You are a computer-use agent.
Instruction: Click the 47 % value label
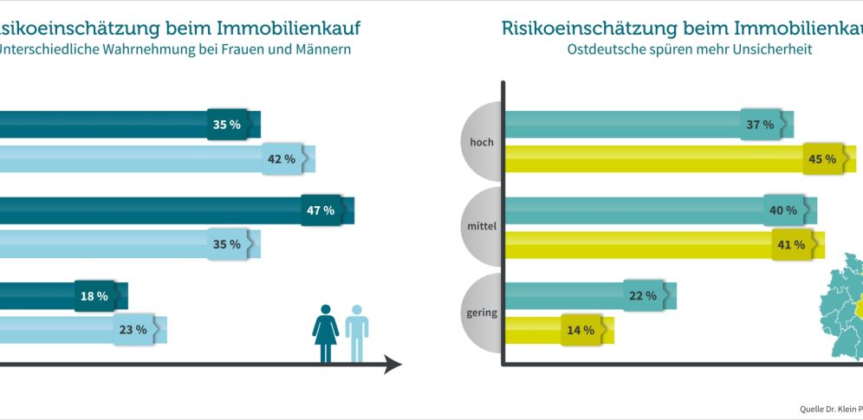[x=321, y=210]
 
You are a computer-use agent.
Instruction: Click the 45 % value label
[x=822, y=159]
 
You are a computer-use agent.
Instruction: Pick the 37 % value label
[x=760, y=125]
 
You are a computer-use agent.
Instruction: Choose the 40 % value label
[x=783, y=210]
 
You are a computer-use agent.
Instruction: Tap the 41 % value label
[x=791, y=245]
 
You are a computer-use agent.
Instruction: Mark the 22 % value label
[x=643, y=296]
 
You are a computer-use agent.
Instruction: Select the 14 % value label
[x=581, y=330]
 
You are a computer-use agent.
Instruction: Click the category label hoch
[x=482, y=141]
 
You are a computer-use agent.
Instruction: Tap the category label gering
[x=481, y=313]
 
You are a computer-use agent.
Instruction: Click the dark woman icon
[x=326, y=333]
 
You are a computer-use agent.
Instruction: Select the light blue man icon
[x=356, y=333]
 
